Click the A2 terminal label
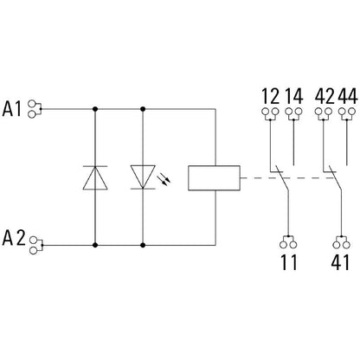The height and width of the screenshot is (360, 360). click(16, 236)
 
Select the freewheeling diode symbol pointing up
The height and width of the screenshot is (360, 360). click(93, 177)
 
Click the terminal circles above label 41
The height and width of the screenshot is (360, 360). click(338, 241)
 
